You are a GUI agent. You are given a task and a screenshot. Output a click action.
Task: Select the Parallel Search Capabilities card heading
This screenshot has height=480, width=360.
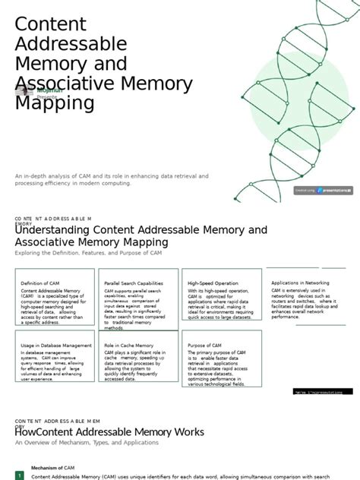coord(134,283)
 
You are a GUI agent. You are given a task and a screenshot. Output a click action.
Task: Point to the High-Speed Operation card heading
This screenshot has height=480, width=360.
coord(213,283)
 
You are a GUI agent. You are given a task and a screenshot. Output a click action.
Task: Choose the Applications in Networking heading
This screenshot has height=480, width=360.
coord(301,283)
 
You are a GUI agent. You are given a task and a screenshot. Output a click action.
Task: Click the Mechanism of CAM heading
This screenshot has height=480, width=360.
coord(52,468)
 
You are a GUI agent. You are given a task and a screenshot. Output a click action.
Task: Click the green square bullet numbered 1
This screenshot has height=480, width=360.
coord(21,476)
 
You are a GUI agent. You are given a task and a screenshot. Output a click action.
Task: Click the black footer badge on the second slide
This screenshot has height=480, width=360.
coord(323,392)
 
